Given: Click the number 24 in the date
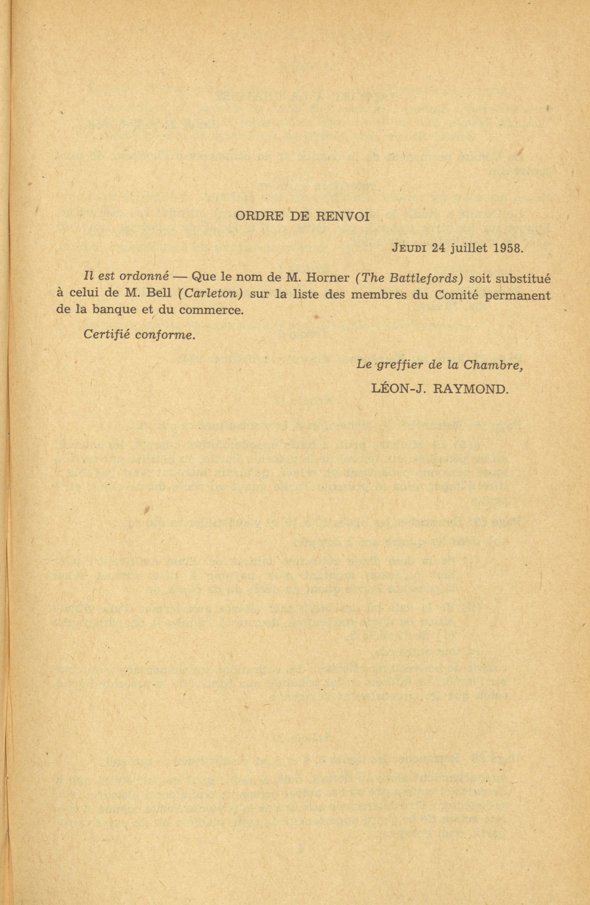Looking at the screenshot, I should (438, 248).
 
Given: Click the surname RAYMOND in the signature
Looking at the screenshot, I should (471, 388).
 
